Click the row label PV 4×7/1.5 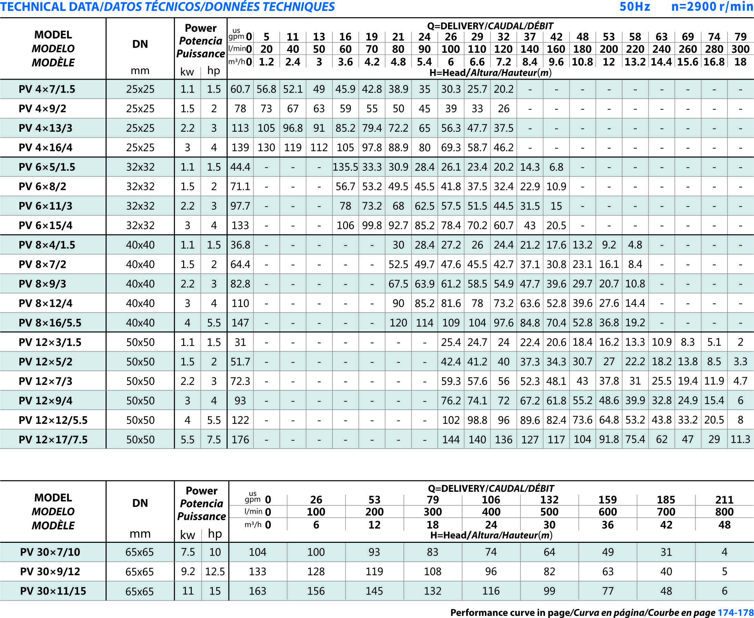(x=47, y=89)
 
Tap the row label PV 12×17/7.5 (x=53, y=440)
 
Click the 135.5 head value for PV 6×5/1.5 (x=345, y=167)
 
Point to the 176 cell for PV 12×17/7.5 (x=240, y=440)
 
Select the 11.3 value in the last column (x=740, y=440)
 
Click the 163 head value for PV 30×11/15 (x=257, y=591)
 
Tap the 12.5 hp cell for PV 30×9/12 (x=215, y=571)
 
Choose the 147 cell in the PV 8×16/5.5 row (x=240, y=323)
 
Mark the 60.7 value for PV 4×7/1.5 (x=240, y=89)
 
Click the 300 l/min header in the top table (x=741, y=49)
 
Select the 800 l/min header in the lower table (x=724, y=512)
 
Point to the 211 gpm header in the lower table (x=724, y=500)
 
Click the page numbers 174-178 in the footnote (x=735, y=612)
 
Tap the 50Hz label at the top (x=635, y=7)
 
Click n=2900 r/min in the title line (x=712, y=7)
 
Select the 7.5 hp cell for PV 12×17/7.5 (x=214, y=440)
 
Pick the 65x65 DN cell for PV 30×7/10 (x=140, y=552)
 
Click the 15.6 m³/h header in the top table (x=688, y=62)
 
